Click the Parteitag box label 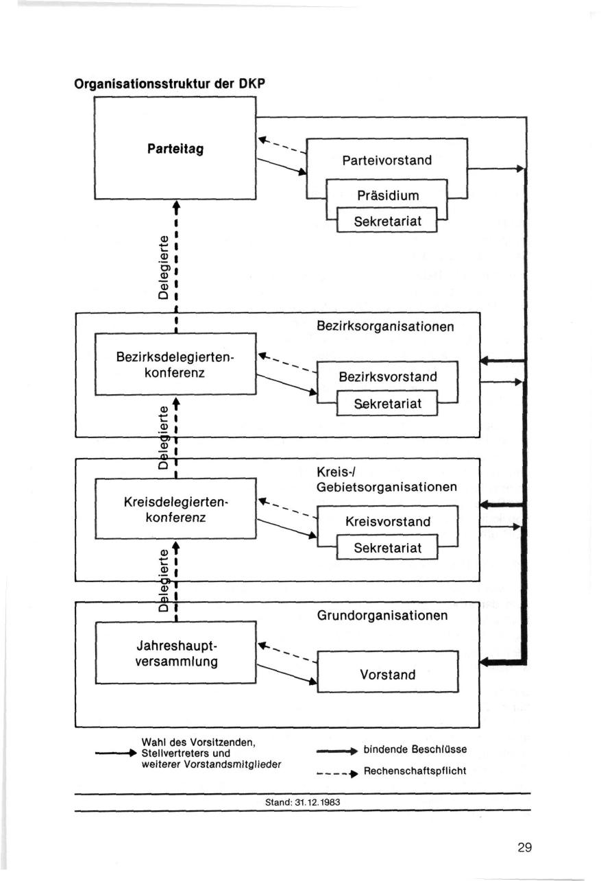pos(175,149)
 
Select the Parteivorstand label pos(387,160)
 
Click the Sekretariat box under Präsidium pos(387,221)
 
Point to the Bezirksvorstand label pos(388,376)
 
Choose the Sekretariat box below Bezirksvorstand pos(387,405)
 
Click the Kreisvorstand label pos(388,522)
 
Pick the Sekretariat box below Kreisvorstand pos(387,548)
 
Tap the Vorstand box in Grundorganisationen pos(388,675)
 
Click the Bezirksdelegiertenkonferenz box pos(175,364)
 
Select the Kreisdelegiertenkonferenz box pos(175,509)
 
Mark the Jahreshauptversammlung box pos(175,654)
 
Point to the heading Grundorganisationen pos(382,616)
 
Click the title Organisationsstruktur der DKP pos(169,85)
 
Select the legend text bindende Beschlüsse pos(415,749)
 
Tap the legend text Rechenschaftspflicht pos(415,771)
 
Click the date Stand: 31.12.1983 pos(302,801)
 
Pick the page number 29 pos(525,847)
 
